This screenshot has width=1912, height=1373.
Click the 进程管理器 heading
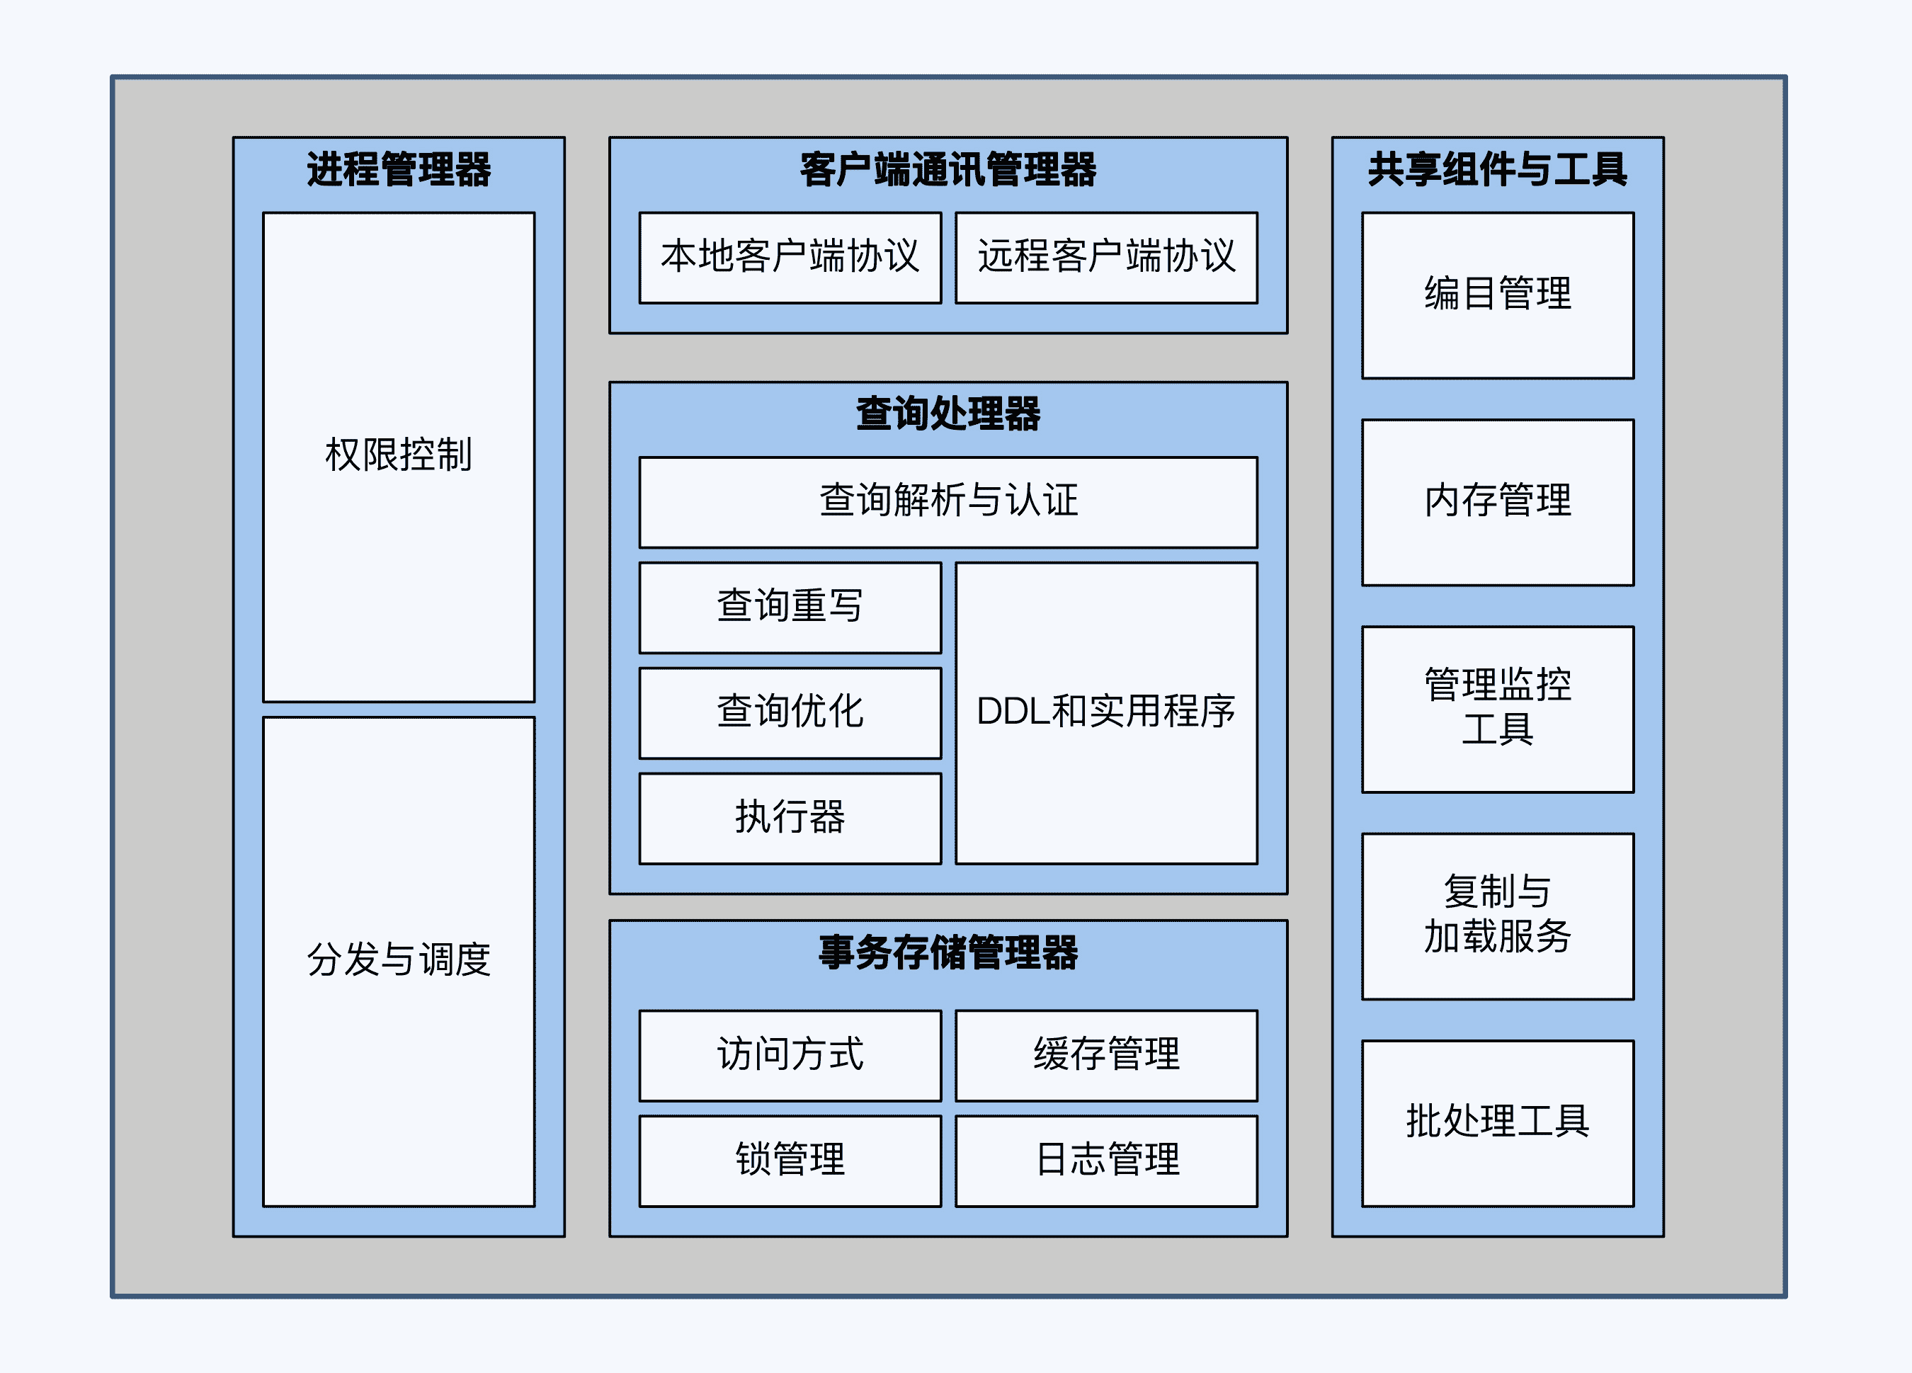(x=399, y=169)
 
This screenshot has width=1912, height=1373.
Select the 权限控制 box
(x=399, y=456)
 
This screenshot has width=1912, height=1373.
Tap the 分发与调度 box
(x=399, y=961)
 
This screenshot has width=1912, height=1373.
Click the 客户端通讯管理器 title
(x=948, y=169)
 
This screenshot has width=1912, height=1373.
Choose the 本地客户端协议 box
(x=790, y=257)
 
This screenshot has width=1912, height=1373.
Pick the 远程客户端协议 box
(x=1106, y=257)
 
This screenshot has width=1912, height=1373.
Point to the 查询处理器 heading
(x=948, y=414)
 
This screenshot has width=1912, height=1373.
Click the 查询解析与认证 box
(x=948, y=501)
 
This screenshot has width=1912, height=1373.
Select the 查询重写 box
(x=790, y=607)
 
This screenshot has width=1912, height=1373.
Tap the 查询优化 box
(x=790, y=712)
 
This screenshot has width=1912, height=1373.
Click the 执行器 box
(x=790, y=818)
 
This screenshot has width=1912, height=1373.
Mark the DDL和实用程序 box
(x=1106, y=712)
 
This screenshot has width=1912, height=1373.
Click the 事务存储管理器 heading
(x=948, y=952)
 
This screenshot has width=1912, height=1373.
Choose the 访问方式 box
(x=790, y=1054)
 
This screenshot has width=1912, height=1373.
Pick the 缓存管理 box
(x=1106, y=1054)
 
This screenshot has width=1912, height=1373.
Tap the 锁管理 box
(x=790, y=1160)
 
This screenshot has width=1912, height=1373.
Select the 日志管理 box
(x=1106, y=1160)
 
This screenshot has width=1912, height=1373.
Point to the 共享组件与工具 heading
(x=1497, y=169)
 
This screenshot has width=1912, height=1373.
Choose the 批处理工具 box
(x=1497, y=1122)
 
